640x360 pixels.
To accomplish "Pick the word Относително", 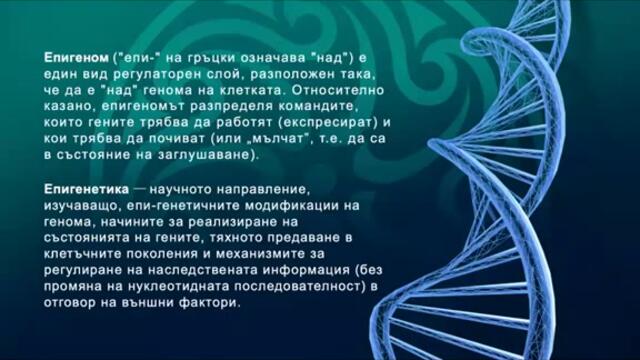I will coord(327,92).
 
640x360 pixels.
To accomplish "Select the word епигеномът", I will coord(134,108).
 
